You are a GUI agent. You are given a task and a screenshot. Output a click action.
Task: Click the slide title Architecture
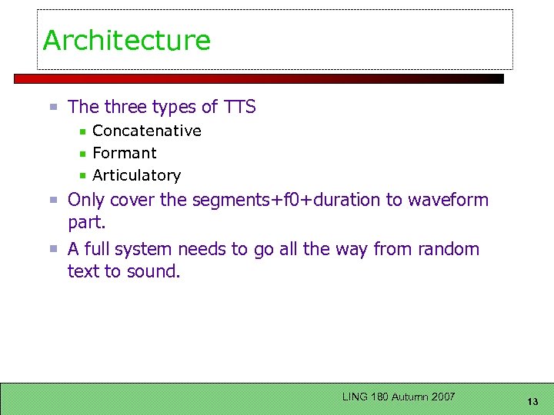(x=127, y=40)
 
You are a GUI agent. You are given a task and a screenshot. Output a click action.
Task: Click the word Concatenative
(x=147, y=131)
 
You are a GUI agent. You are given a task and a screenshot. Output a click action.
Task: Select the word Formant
(x=125, y=153)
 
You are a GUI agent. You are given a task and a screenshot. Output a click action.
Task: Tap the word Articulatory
(x=137, y=175)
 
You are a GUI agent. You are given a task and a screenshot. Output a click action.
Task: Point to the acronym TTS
(x=239, y=107)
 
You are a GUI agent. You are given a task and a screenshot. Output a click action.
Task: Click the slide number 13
(x=533, y=402)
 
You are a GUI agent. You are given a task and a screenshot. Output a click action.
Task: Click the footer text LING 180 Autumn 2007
(x=399, y=397)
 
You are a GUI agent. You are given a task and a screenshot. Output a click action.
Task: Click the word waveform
(x=448, y=200)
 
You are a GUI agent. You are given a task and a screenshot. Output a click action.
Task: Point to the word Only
(x=86, y=200)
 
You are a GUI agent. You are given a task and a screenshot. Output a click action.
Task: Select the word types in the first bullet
(x=173, y=108)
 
